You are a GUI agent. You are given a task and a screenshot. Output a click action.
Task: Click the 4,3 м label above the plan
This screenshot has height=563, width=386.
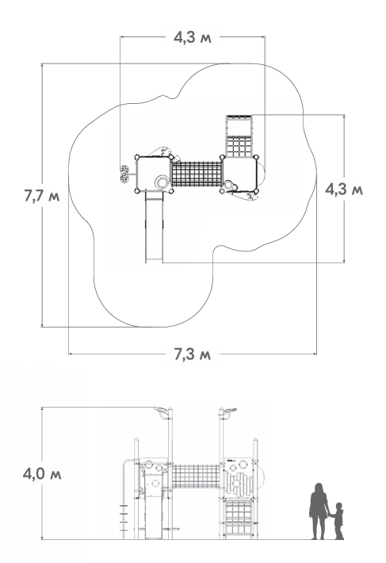[x=193, y=37]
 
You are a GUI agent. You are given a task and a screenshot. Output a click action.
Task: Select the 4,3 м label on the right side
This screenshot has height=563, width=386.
[x=344, y=190]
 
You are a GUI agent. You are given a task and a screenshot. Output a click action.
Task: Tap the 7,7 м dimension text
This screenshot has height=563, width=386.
[x=42, y=197]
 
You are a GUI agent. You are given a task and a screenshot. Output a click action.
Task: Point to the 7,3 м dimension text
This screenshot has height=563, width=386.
[x=193, y=354]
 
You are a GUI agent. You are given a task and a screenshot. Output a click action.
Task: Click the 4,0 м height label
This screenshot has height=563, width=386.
[x=42, y=474]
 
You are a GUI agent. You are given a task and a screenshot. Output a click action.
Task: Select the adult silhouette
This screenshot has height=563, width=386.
[x=319, y=511]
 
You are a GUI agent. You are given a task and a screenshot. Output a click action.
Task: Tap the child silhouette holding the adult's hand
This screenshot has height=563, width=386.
[x=338, y=521]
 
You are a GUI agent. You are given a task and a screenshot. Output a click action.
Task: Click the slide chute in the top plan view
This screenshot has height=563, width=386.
[x=155, y=227]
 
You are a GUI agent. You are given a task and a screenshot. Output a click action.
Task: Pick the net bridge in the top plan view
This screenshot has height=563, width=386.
[x=197, y=174]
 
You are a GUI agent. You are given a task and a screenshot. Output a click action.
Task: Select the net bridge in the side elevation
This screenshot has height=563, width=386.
[x=197, y=477]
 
